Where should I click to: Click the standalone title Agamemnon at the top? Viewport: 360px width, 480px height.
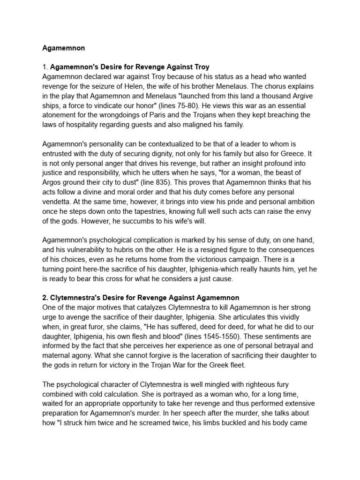(63, 48)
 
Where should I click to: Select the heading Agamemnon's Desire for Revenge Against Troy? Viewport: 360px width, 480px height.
(129, 67)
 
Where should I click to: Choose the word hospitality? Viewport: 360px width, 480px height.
(82, 125)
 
